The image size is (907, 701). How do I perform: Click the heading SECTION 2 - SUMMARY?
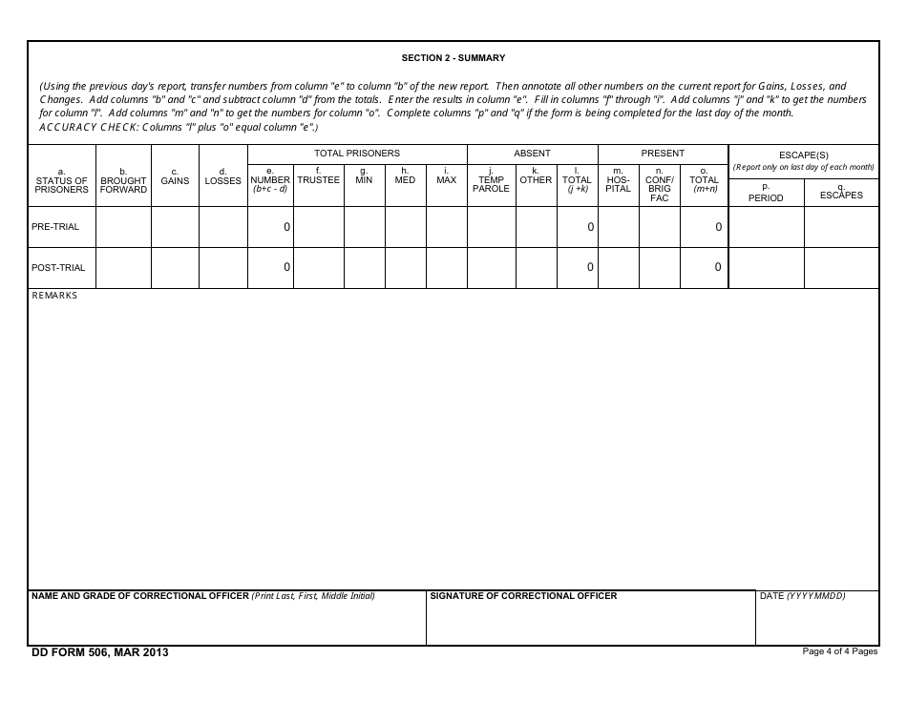click(453, 58)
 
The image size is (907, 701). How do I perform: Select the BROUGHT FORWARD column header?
click(123, 181)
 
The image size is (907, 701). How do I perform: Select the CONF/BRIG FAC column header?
click(659, 185)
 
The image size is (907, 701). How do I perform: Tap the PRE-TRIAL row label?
click(55, 227)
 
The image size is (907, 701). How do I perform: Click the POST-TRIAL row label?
click(58, 268)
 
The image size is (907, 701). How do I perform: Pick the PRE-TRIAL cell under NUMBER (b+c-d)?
click(270, 227)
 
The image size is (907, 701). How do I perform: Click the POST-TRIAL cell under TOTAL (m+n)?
click(704, 268)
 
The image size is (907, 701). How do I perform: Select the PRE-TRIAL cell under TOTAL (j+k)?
click(577, 227)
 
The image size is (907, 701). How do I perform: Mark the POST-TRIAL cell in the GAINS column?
click(175, 268)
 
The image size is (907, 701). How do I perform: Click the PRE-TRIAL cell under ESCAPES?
click(841, 227)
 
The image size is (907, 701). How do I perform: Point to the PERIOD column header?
click(765, 194)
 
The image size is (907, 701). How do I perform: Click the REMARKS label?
click(54, 296)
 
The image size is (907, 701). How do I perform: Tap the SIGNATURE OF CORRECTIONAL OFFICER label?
click(523, 596)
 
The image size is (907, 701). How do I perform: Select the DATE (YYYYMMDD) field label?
click(802, 596)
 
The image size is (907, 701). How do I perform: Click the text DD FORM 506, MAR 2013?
click(100, 652)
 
